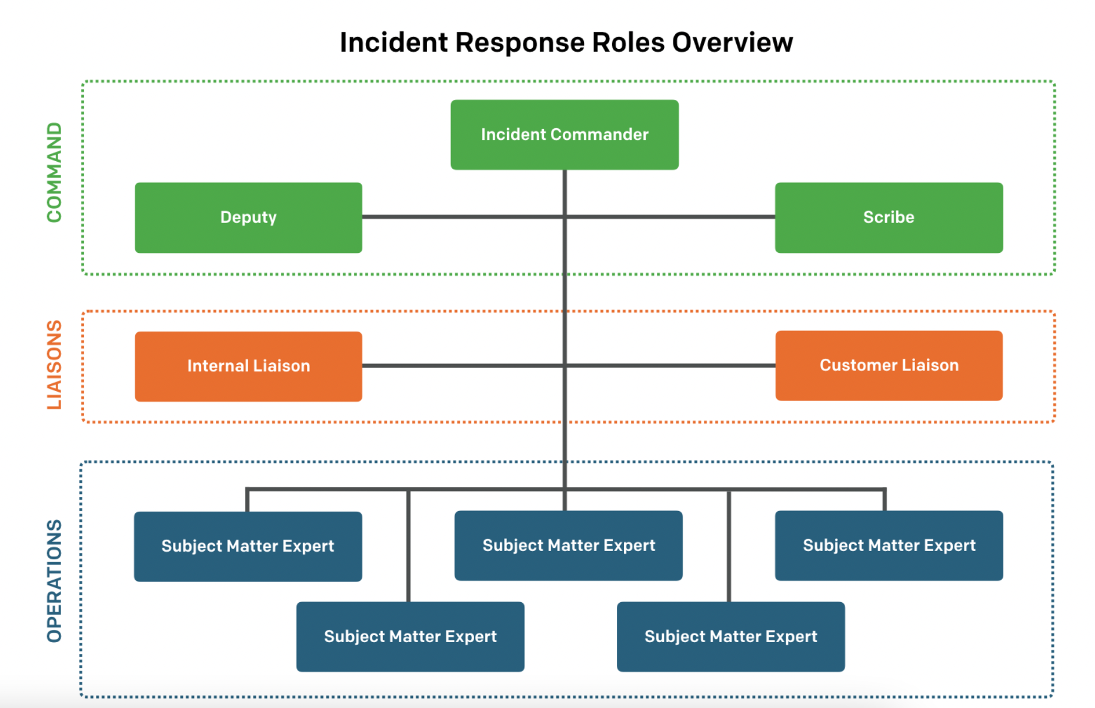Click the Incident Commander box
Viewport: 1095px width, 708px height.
tap(565, 135)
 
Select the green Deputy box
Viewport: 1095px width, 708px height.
tap(248, 218)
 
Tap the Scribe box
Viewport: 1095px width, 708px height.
tap(889, 218)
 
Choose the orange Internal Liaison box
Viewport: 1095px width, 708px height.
tap(248, 366)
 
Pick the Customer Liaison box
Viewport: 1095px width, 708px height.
tap(889, 366)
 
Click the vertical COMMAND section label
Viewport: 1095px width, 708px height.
tap(54, 172)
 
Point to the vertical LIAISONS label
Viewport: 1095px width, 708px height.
tap(54, 365)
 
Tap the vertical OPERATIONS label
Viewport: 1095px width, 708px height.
tap(54, 580)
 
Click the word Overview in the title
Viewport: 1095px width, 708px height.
tap(732, 42)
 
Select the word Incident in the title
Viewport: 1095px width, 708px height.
tap(393, 42)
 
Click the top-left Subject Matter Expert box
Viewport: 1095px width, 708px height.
tap(248, 546)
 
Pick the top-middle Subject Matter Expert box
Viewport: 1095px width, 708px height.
tap(568, 546)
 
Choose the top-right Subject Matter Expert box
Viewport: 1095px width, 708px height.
tap(889, 546)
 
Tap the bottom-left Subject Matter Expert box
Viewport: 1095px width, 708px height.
tap(410, 637)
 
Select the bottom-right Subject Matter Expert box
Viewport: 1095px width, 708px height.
tap(730, 637)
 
